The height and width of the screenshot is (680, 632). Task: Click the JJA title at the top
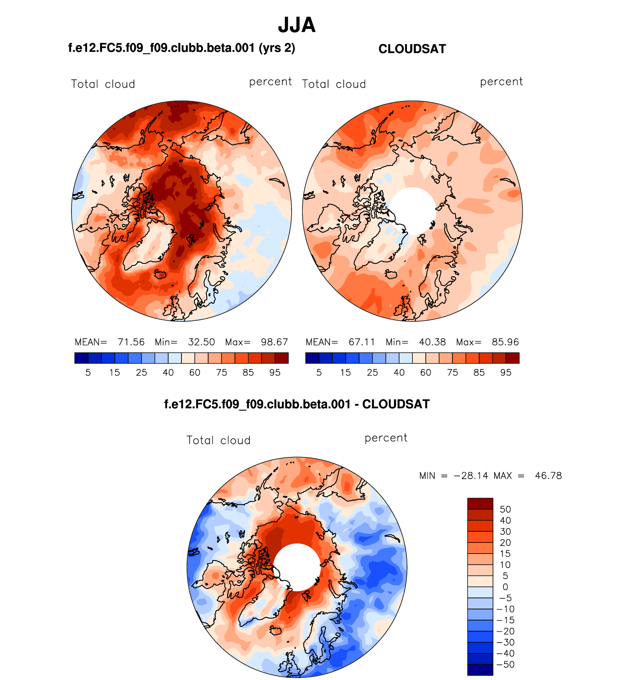point(297,25)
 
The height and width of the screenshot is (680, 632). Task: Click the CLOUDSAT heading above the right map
point(412,49)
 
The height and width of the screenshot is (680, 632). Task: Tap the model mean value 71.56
point(131,342)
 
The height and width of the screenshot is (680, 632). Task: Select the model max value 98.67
point(274,342)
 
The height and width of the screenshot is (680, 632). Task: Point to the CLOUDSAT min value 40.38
point(432,342)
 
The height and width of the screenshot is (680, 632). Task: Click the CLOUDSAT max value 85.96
point(505,342)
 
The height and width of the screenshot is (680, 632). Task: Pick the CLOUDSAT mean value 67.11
point(362,342)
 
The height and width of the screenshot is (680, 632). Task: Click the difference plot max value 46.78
point(548,476)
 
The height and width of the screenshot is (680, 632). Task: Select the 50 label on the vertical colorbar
point(505,510)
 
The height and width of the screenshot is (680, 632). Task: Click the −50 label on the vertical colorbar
point(506,664)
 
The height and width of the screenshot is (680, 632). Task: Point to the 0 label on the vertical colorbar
point(505,587)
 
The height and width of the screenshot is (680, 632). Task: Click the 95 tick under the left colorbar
point(275,373)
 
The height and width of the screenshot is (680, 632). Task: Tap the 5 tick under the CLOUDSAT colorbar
point(319,373)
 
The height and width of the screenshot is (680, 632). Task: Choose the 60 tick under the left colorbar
point(195,373)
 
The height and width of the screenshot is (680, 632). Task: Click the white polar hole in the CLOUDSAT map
point(413,211)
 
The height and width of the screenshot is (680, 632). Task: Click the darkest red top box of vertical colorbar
point(480,504)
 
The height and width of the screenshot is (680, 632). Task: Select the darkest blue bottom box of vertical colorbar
point(480,670)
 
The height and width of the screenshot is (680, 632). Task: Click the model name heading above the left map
point(181,48)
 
